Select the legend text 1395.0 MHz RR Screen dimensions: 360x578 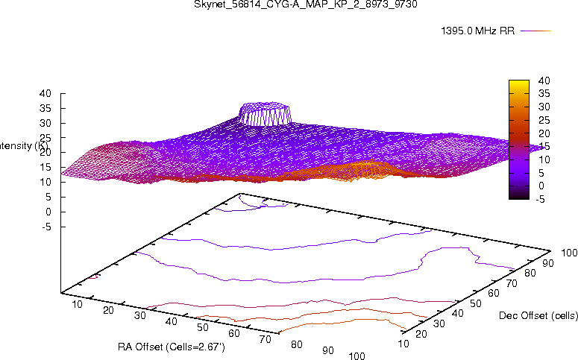point(478,31)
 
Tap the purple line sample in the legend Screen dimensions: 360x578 point(535,31)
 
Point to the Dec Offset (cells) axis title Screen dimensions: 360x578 point(537,316)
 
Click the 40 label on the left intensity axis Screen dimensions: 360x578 point(46,94)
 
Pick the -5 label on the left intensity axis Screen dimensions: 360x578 point(46,227)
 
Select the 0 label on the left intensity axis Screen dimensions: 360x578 point(48,212)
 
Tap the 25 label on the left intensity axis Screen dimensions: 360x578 point(46,138)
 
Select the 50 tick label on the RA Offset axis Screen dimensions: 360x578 point(203,327)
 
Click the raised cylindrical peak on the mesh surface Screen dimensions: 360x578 point(265,114)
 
